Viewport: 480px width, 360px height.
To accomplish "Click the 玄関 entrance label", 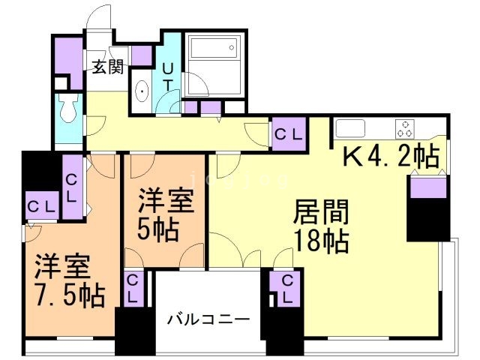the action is click(x=108, y=67).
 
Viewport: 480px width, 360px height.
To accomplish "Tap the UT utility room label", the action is click(x=167, y=77).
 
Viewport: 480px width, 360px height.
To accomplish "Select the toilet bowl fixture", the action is click(x=69, y=108).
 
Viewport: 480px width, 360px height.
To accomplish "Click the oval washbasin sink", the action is click(x=142, y=91).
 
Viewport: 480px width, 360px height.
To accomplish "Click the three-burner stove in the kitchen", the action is click(x=405, y=129).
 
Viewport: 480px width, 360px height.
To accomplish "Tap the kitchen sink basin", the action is click(x=350, y=128).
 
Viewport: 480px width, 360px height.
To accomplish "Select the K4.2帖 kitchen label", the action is click(x=391, y=157).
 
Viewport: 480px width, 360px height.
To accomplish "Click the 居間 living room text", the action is click(x=321, y=211).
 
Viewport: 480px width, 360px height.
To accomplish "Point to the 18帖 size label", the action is click(x=322, y=241).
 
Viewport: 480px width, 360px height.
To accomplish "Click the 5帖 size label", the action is click(x=157, y=229).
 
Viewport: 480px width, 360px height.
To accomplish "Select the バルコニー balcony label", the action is click(x=208, y=320).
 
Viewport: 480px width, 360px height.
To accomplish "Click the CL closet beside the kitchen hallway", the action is click(x=289, y=134).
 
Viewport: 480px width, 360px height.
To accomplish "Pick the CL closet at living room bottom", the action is click(x=286, y=288).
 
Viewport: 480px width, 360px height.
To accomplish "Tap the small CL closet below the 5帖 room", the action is click(x=133, y=289).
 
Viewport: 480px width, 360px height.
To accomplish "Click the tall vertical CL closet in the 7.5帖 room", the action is click(x=72, y=187).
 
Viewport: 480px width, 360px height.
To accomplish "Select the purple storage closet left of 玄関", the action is click(x=69, y=63).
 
